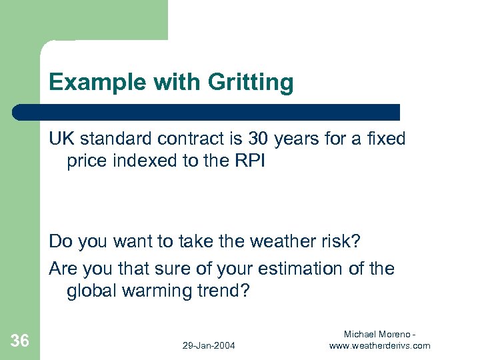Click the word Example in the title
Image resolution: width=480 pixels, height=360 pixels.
pos(89,83)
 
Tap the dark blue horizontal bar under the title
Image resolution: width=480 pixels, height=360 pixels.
pos(207,112)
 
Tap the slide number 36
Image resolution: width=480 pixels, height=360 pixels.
pos(20,341)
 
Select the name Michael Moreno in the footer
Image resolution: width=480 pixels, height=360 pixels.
pos(377,333)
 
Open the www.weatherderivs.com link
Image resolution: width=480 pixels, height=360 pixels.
pos(380,345)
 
